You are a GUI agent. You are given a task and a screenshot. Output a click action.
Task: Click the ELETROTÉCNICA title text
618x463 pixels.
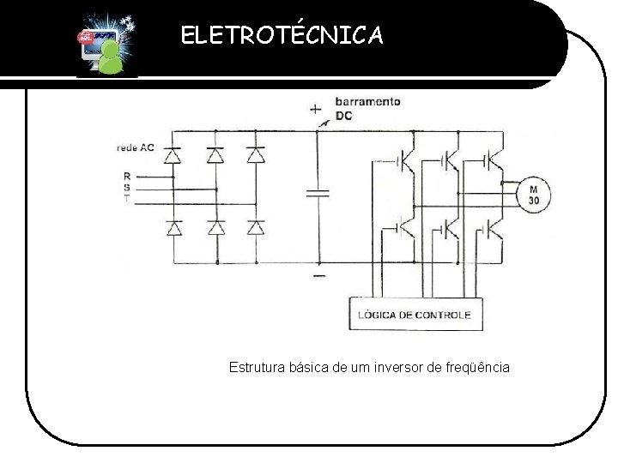point(282,35)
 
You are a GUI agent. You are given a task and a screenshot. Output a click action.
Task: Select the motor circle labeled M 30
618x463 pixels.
point(532,195)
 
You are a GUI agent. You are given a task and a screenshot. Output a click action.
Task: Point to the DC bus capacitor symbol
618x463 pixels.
point(318,193)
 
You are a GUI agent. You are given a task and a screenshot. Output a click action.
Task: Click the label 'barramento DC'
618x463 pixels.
point(367,108)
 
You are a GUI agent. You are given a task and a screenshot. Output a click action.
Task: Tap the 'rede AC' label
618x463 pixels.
point(136,147)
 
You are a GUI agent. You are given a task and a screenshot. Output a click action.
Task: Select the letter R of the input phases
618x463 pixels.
point(127,177)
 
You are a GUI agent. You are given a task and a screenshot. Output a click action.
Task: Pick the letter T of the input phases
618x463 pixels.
point(127,198)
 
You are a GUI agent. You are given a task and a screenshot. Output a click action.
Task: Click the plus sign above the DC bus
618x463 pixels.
point(315,109)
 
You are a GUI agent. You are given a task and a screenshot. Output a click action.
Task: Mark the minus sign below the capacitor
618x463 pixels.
point(318,276)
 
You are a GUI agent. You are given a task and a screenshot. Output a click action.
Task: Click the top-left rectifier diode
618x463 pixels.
point(173,156)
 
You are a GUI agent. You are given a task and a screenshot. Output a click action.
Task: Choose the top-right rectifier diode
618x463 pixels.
point(256,156)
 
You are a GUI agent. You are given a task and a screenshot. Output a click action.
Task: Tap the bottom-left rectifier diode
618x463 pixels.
point(173,228)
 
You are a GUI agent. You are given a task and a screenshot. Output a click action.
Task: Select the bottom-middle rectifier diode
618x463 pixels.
point(215,228)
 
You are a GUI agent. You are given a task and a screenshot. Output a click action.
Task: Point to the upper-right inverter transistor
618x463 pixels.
point(491,160)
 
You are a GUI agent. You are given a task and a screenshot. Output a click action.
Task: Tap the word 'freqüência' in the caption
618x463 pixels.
point(477,367)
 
